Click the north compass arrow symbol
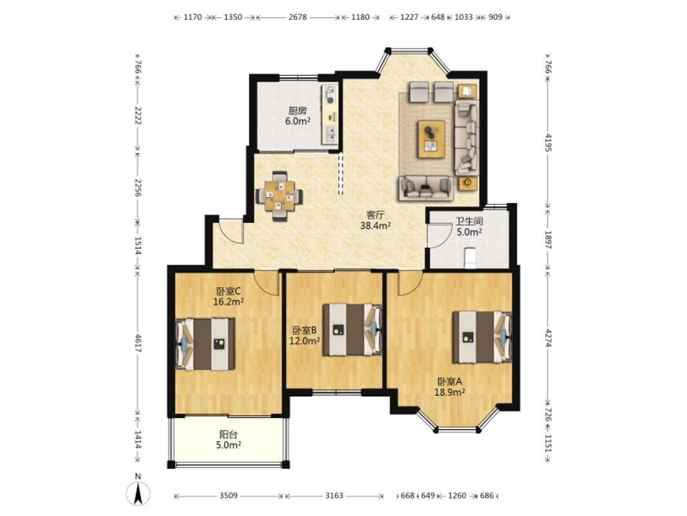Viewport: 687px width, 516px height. (138, 493)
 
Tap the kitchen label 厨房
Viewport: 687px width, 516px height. (298, 111)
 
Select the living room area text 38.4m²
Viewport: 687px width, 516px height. (376, 226)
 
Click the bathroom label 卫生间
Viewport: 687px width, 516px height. (469, 221)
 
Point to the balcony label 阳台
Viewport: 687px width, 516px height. (228, 435)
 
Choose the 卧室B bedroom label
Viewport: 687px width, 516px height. (304, 330)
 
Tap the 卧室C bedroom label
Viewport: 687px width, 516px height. (228, 291)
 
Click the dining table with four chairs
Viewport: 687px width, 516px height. (279, 195)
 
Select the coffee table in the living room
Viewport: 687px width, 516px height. (432, 139)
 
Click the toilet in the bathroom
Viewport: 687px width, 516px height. (469, 257)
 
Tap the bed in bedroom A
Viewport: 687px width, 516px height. (482, 337)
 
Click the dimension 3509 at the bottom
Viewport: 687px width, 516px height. (228, 496)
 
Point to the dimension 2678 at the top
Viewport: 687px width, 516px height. (298, 17)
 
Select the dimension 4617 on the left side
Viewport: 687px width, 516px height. (138, 343)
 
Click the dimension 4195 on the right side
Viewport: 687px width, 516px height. (548, 143)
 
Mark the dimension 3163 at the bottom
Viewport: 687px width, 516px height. (334, 496)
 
